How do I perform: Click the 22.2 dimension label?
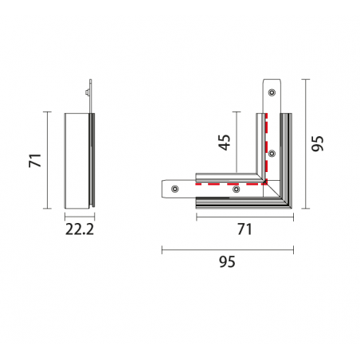pyautogui.click(x=80, y=229)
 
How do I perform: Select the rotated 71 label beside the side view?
pyautogui.click(x=35, y=160)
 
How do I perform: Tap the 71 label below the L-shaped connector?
pyautogui.click(x=245, y=229)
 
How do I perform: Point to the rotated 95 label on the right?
pyautogui.click(x=317, y=143)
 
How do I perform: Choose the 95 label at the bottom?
pyautogui.click(x=227, y=261)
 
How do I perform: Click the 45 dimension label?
pyautogui.click(x=225, y=143)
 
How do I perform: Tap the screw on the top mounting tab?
pyautogui.click(x=272, y=92)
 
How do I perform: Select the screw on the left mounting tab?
pyautogui.click(x=174, y=189)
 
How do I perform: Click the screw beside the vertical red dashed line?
pyautogui.click(x=272, y=153)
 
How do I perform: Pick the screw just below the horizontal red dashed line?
pyautogui.click(x=236, y=189)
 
